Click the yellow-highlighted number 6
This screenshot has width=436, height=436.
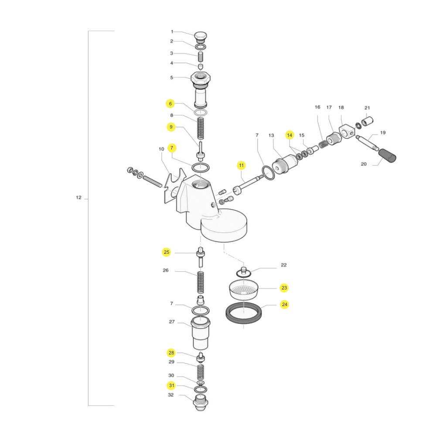170,104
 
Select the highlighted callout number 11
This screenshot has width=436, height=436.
241,165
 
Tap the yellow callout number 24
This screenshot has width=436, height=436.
284,304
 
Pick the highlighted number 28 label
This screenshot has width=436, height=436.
171,353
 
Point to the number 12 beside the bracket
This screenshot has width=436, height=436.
78,198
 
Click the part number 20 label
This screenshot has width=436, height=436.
364,164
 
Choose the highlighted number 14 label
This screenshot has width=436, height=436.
290,135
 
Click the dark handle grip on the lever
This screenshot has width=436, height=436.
387,156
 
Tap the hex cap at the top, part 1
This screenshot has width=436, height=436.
200,36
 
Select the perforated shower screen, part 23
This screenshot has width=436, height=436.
244,290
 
